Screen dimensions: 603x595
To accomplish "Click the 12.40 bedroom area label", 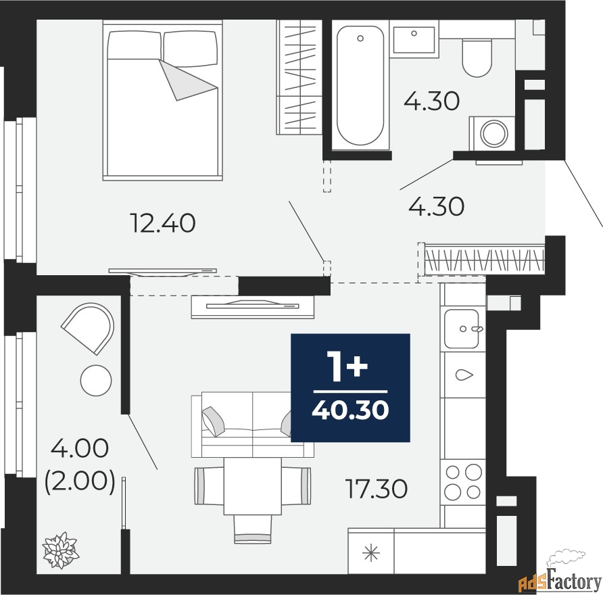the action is tap(163, 223).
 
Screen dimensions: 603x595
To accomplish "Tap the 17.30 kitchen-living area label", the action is tap(377, 488).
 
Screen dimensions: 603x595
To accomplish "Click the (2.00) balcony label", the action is tap(80, 482).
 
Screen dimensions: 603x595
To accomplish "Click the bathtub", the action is tap(360, 85).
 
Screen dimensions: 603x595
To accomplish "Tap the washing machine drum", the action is tap(493, 133).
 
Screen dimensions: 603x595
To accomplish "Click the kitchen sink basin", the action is tap(462, 329).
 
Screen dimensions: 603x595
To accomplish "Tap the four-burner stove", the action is tap(463, 482).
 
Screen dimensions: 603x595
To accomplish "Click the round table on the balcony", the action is tap(96, 380).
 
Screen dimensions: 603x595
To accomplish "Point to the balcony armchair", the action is tap(88, 328).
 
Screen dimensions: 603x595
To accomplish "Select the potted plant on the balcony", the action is tap(60, 550).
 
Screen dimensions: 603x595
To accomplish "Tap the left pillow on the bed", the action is tap(134, 45).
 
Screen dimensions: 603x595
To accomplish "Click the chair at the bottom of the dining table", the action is tap(253, 529).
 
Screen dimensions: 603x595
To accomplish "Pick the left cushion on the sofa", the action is tap(214, 421).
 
